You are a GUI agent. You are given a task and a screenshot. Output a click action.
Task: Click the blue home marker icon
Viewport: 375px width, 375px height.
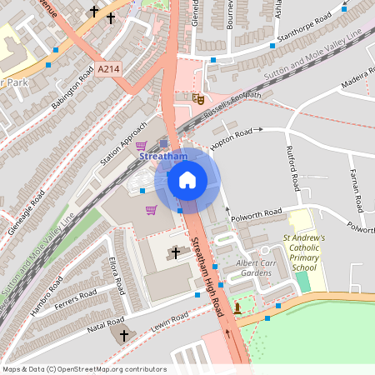tap(187, 180)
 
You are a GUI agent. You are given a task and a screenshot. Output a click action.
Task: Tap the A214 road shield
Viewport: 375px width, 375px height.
tap(107, 72)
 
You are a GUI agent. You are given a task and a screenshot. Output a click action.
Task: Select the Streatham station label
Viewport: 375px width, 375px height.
tap(162, 156)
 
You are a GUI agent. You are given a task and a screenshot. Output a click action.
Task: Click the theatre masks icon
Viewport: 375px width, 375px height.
tap(198, 98)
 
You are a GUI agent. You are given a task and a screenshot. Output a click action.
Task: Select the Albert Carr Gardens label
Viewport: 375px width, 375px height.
tap(256, 267)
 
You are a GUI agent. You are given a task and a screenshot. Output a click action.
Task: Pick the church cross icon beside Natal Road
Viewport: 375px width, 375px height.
tap(125, 335)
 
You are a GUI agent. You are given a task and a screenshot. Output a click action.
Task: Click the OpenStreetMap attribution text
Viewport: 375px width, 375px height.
tap(83, 369)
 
